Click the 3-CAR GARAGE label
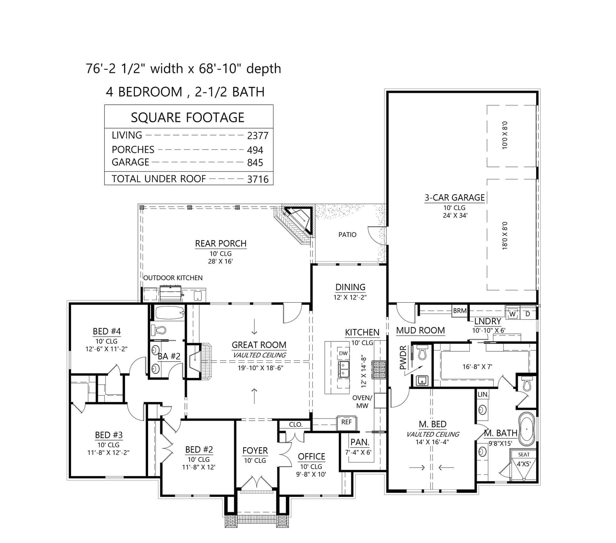point(454,198)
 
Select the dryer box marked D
point(528,314)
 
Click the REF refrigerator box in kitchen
point(346,422)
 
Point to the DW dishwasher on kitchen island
point(343,353)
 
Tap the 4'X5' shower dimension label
point(523,463)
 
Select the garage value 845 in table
point(255,163)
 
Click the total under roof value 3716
point(258,179)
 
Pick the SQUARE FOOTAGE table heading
point(188,118)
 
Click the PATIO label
point(347,235)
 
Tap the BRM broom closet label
point(460,311)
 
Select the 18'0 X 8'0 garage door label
point(505,236)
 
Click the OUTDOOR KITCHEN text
point(173,278)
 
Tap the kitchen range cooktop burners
point(379,370)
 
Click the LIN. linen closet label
point(483,394)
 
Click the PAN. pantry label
point(360,442)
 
